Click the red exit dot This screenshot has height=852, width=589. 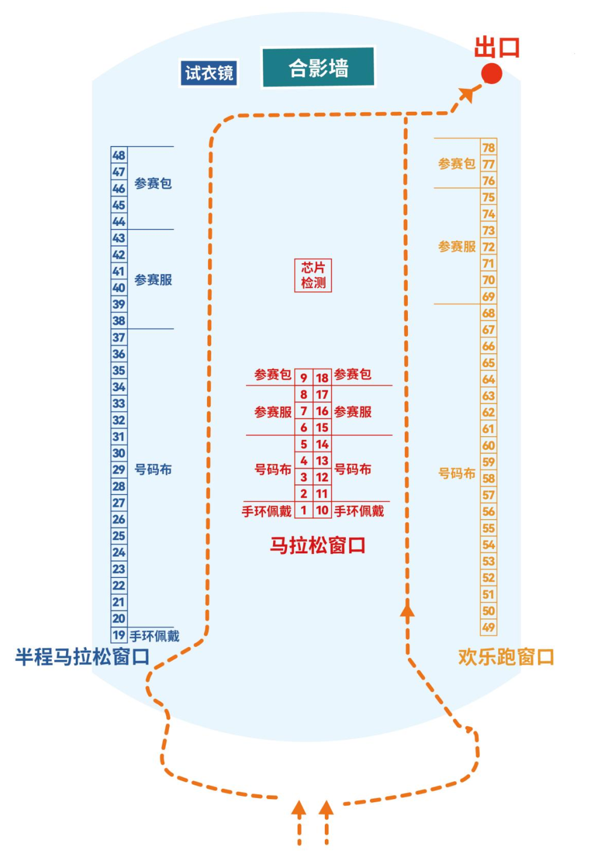[x=492, y=74]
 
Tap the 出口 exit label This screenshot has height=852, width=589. [x=497, y=47]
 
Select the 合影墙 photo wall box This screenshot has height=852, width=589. [x=318, y=67]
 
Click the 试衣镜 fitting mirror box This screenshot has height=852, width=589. [x=209, y=73]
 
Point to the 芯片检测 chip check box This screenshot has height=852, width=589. [x=313, y=275]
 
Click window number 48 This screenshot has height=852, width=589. [x=119, y=155]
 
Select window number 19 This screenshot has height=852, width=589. [x=119, y=635]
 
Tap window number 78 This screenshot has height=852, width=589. [x=489, y=147]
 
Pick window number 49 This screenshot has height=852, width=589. [x=489, y=627]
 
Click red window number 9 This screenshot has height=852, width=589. [x=304, y=377]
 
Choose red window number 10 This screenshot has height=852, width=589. [x=322, y=510]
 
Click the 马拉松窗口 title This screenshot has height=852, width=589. [x=317, y=546]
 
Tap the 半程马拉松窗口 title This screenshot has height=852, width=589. [x=82, y=657]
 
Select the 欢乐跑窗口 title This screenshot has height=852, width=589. [x=505, y=657]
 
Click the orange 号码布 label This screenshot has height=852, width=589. [x=457, y=473]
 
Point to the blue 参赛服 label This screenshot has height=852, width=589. [x=153, y=280]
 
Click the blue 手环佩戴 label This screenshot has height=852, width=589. [x=155, y=636]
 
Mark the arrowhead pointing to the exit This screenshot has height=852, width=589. [x=466, y=94]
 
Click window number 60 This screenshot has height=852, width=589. [x=489, y=445]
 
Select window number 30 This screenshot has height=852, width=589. [x=119, y=453]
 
